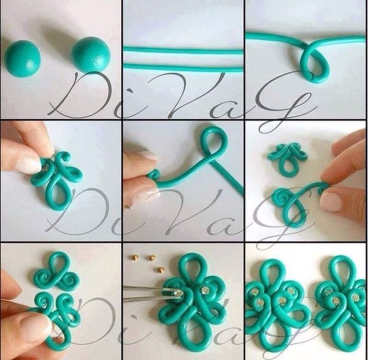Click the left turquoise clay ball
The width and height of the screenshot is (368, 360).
[23, 58]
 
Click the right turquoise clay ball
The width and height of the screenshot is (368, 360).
[91, 54]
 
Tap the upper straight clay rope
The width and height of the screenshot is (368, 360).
[183, 49]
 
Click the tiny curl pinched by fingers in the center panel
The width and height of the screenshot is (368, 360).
[154, 175]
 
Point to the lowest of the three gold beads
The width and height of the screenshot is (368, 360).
[161, 269]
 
